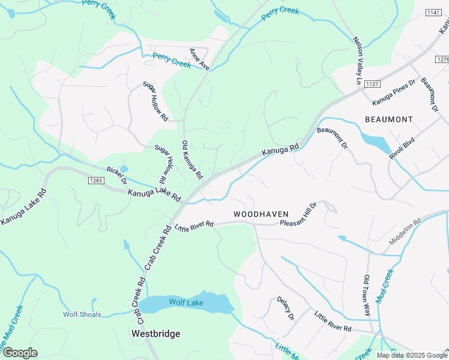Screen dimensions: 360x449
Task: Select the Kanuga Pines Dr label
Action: point(394,91)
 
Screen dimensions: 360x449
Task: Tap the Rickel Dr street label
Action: point(117,176)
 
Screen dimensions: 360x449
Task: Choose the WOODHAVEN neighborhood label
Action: point(261,214)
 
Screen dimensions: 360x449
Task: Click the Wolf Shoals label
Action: point(82,314)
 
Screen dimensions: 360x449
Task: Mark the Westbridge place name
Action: point(156,334)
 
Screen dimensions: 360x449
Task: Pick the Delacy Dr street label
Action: point(286,308)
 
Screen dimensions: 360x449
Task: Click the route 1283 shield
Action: point(95,181)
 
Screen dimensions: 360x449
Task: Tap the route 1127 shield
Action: point(372,83)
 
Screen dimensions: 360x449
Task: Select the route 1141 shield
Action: point(433,13)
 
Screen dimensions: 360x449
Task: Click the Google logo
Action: point(20,352)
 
